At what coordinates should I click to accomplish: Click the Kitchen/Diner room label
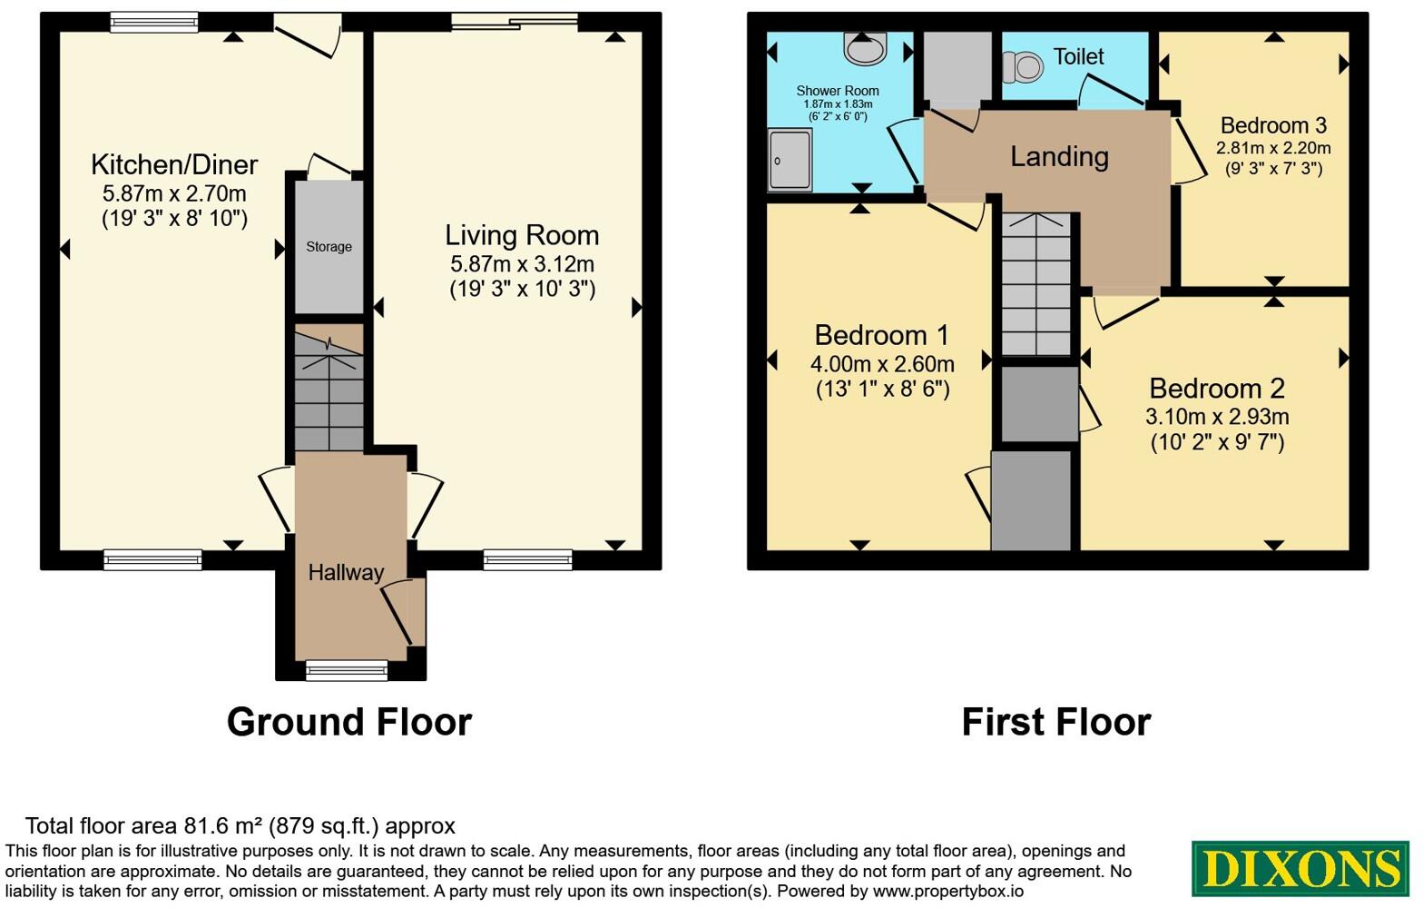tap(174, 165)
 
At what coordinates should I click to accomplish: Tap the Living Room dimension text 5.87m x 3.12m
tap(522, 263)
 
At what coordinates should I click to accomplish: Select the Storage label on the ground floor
tap(329, 247)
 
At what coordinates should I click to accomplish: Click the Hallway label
tap(347, 573)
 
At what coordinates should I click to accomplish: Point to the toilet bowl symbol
tap(1024, 66)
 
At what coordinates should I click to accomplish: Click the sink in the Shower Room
tap(865, 48)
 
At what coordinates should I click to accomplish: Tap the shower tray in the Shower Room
tap(790, 160)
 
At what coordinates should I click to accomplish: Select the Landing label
tap(1060, 157)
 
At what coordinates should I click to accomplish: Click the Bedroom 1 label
tap(882, 335)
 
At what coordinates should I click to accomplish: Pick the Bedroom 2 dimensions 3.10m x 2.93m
tap(1217, 417)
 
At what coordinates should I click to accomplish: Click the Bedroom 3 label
tap(1274, 125)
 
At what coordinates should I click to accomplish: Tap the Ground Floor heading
tap(349, 722)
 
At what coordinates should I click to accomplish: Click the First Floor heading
tap(1056, 722)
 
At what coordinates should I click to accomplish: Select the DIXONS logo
tap(1300, 869)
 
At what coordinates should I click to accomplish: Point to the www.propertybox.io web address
tap(948, 892)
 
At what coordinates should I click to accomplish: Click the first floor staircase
tap(1036, 283)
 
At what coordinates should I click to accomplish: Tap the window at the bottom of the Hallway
tap(347, 670)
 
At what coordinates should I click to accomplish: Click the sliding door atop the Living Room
tap(515, 22)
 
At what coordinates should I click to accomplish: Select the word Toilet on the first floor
tap(1079, 56)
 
